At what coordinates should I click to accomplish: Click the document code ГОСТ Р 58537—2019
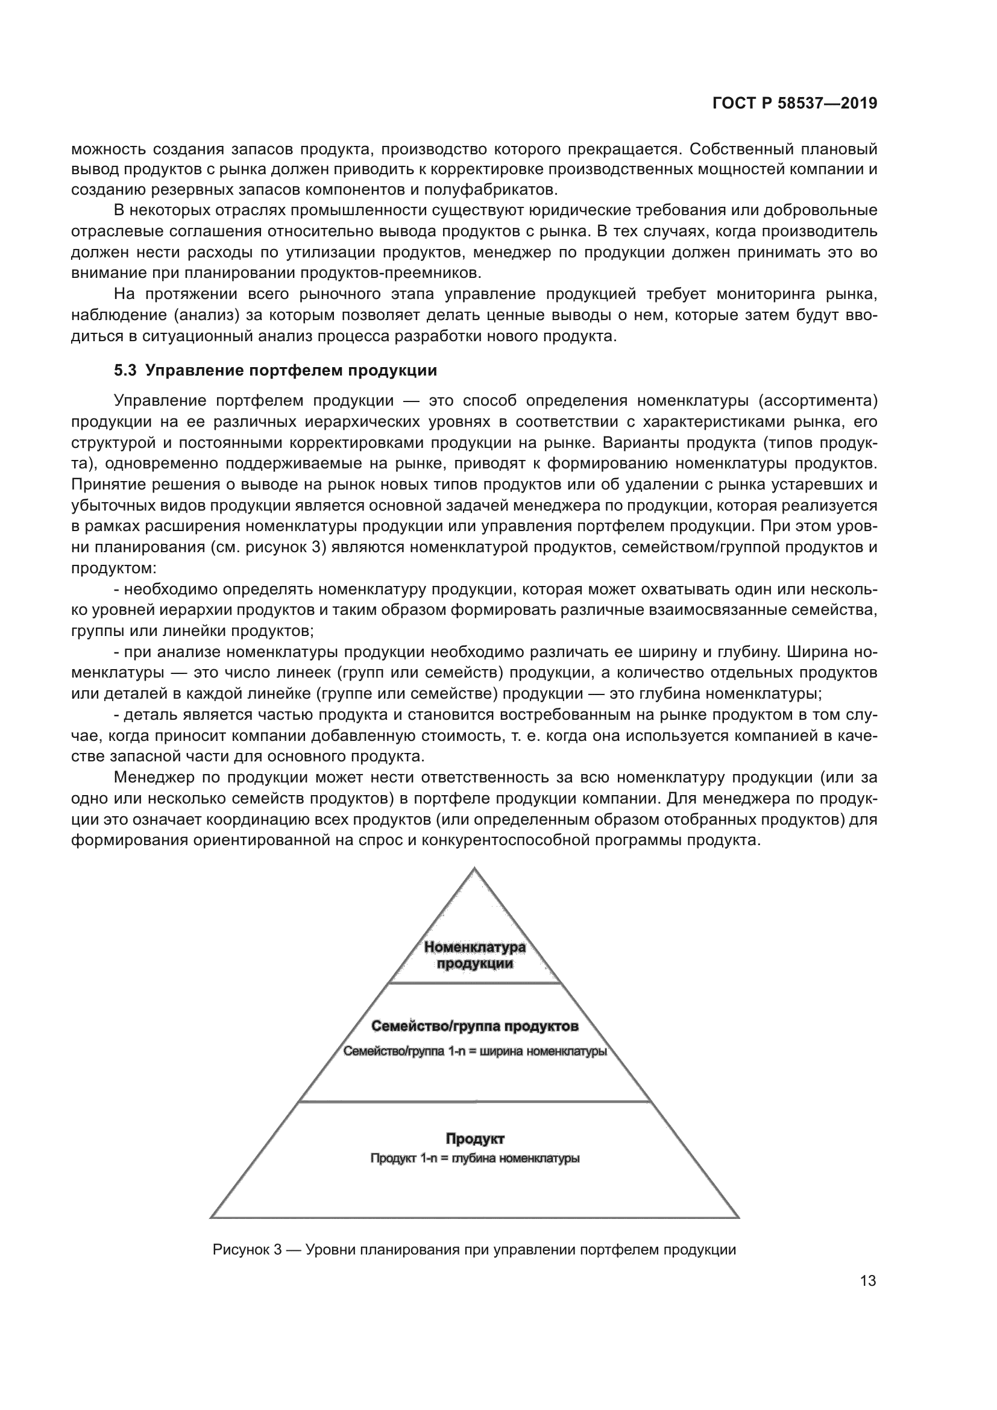coord(794,104)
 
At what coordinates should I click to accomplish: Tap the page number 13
coord(868,1281)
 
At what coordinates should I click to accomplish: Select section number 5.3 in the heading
coord(125,370)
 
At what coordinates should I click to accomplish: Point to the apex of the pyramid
coord(474,868)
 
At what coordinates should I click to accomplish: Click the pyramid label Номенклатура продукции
coord(474,955)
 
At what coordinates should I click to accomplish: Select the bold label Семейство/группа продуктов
coord(474,1026)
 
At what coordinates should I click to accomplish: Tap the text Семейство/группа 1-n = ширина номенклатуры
coord(474,1051)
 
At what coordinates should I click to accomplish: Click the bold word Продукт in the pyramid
coord(474,1139)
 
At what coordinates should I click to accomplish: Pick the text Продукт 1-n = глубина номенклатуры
coord(474,1159)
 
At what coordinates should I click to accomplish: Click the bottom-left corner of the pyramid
coord(211,1217)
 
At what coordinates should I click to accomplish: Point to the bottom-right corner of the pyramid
coord(738,1217)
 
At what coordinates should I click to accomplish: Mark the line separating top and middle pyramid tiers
coord(474,983)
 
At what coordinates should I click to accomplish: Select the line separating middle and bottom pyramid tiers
coord(474,1102)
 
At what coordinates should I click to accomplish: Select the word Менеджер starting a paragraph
coord(154,778)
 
